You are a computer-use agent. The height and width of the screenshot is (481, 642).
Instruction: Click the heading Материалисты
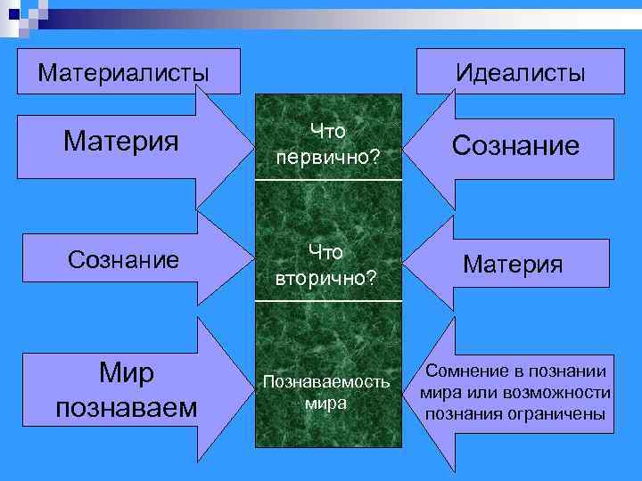point(123,71)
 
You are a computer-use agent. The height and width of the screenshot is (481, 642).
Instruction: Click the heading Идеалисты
point(521,72)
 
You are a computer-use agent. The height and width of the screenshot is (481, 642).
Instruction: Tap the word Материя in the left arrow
point(122,141)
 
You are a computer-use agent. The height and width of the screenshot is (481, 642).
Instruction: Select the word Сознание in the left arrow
point(123,259)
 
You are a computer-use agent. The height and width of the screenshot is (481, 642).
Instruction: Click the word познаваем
point(127,407)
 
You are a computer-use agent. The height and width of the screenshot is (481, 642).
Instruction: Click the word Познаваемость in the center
point(325,381)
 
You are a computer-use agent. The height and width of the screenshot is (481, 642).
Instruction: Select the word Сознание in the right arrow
point(515,145)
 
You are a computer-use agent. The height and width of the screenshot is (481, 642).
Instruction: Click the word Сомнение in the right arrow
point(473,371)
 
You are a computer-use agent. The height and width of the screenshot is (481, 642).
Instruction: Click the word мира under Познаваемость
point(325,402)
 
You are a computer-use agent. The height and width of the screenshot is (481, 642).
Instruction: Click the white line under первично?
point(328,181)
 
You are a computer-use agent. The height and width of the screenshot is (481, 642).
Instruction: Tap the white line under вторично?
point(328,301)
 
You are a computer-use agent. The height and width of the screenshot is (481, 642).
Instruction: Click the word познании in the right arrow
point(570,371)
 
